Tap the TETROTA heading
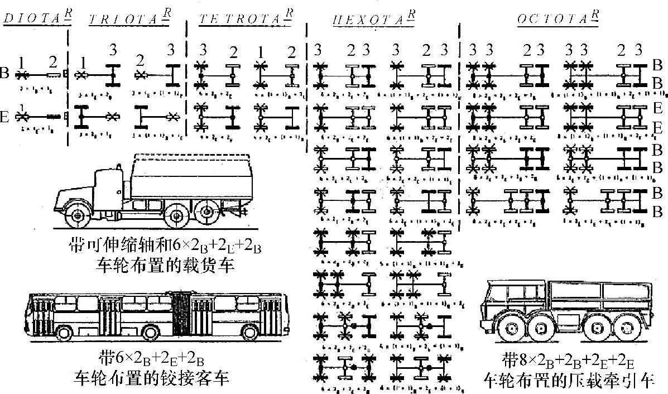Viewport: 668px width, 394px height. [x=241, y=20]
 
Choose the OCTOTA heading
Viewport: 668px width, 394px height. [x=550, y=18]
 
